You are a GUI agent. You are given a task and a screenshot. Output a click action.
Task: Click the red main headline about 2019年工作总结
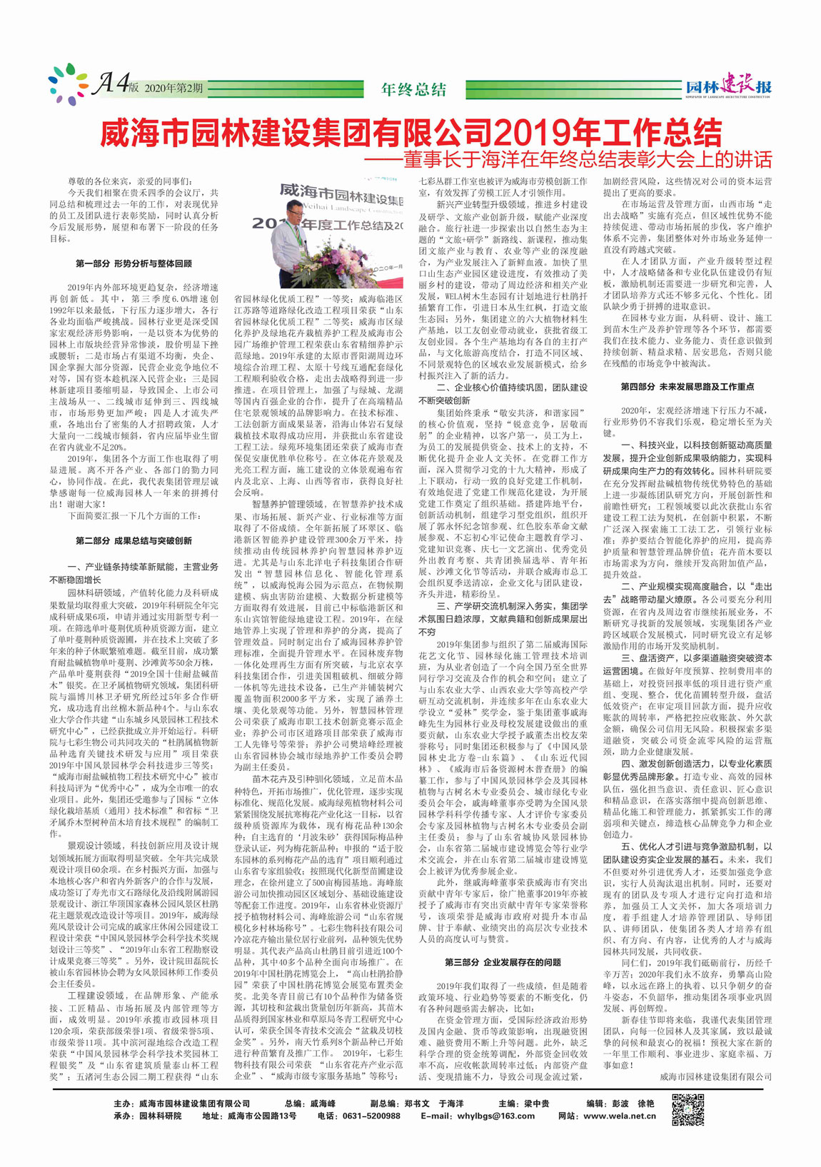[x=410, y=132]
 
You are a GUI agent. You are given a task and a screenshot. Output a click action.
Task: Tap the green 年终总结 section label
[x=414, y=89]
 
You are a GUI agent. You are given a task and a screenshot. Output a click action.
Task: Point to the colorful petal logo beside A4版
[x=68, y=84]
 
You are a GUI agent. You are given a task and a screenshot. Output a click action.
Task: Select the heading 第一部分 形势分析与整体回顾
[x=134, y=263]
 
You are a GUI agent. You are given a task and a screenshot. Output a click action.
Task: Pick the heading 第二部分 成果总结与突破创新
[x=134, y=541]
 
